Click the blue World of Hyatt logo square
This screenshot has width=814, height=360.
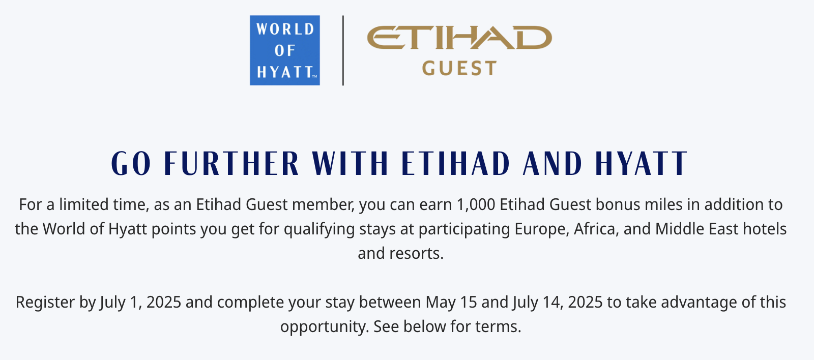tap(285, 50)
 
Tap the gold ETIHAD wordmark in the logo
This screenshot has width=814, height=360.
tap(459, 37)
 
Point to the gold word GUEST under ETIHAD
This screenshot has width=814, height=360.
tap(459, 68)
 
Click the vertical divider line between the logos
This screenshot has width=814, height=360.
tap(343, 50)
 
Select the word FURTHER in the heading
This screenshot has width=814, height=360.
tap(231, 163)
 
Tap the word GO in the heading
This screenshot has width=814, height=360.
tap(131, 163)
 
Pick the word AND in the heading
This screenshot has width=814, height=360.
tap(553, 163)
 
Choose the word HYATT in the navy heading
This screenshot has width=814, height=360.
tap(642, 163)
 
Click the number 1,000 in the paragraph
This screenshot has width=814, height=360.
tap(476, 205)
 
